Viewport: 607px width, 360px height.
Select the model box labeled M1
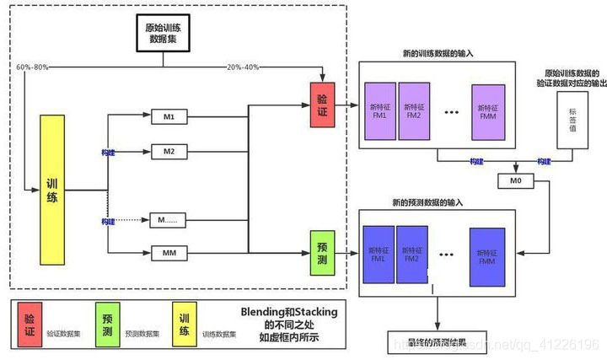click(169, 116)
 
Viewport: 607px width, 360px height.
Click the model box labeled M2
click(169, 152)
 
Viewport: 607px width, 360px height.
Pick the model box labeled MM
click(169, 252)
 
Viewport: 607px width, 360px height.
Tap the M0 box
click(515, 180)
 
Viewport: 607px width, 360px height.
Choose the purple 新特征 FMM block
click(488, 110)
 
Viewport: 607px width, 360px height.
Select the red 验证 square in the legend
click(30, 325)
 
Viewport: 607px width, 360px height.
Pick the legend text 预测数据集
click(141, 334)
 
